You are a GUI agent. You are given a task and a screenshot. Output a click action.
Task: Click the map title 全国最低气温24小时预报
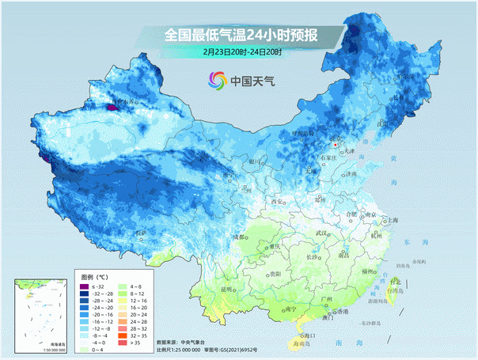pos(241,35)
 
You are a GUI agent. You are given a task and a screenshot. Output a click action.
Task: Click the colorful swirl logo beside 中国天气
pos(217,80)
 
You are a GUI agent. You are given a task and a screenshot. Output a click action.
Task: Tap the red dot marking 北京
pos(336,146)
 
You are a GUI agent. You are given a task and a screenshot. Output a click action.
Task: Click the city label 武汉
pos(321,233)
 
